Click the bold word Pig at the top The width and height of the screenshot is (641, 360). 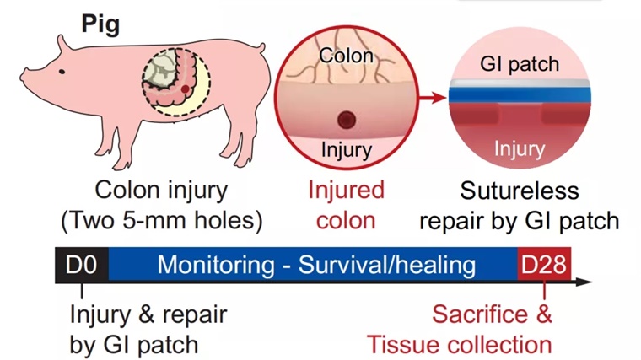(101, 23)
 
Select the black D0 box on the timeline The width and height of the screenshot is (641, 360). (80, 266)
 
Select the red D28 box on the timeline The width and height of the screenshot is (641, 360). (544, 266)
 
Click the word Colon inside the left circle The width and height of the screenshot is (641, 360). (347, 58)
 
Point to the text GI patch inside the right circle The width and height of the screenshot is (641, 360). (519, 64)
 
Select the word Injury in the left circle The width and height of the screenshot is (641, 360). (347, 150)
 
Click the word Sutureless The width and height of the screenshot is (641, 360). (520, 191)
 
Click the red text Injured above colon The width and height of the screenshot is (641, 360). (347, 191)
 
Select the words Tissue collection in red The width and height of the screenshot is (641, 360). (459, 344)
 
